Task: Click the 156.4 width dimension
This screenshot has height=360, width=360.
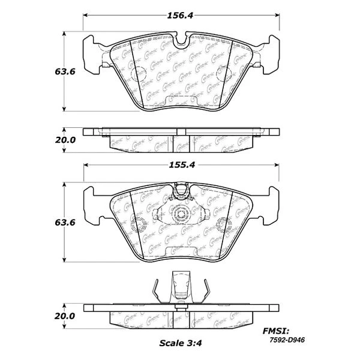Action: point(181,16)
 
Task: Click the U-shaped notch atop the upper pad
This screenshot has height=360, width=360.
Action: point(181,43)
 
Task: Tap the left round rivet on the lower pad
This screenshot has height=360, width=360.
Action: point(139,226)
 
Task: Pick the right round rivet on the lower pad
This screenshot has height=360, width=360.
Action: point(223,226)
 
